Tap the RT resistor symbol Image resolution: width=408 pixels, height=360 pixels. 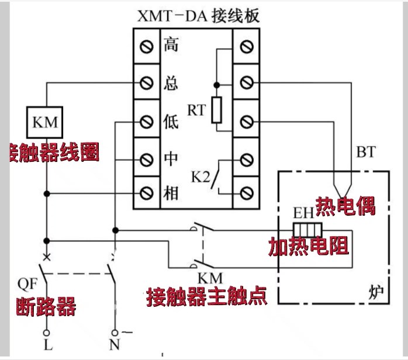pos(217,109)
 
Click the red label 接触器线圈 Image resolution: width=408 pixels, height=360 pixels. pos(54,153)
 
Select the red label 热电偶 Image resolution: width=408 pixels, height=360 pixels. pos(345,205)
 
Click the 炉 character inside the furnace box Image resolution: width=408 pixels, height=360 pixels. pos(376,290)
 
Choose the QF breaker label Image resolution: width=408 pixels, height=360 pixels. pos(26,285)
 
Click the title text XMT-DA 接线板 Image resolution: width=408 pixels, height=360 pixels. pos(198,16)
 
